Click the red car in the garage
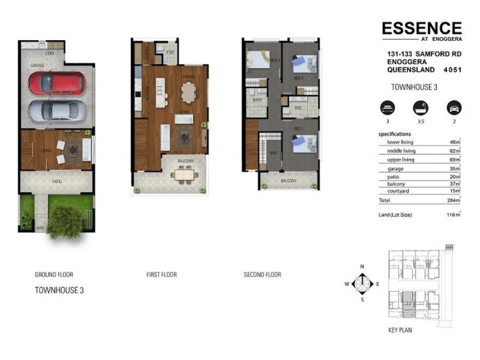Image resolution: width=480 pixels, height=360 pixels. tap(56, 83)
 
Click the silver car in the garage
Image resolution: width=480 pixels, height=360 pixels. tap(56, 110)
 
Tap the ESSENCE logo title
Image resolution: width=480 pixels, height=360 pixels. tap(422, 28)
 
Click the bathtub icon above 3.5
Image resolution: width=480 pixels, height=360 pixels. tap(418, 109)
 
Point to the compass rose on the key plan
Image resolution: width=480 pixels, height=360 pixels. tap(362, 283)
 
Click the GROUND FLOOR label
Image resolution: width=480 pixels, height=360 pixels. tap(54, 275)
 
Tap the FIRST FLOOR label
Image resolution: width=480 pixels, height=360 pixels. tap(161, 275)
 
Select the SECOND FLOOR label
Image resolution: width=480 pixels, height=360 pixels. tap(262, 275)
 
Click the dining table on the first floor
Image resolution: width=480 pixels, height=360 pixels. tap(188, 93)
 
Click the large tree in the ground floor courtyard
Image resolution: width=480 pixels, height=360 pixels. tap(64, 223)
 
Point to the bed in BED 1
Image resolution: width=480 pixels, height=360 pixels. tap(304, 145)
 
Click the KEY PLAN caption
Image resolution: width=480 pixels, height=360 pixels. tap(400, 330)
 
